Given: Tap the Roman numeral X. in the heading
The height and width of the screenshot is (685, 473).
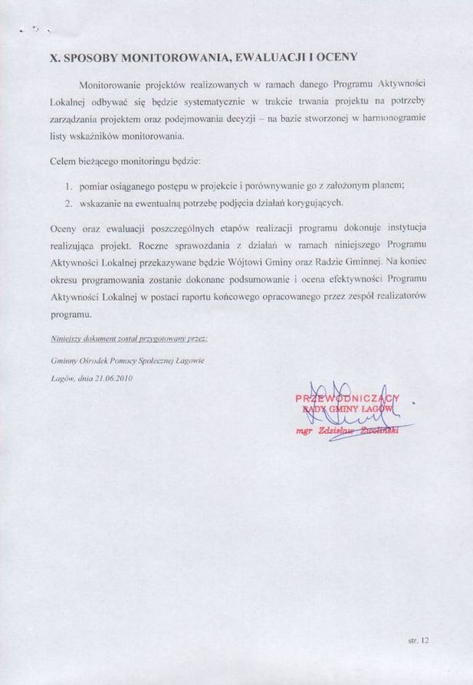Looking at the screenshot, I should pos(54,57).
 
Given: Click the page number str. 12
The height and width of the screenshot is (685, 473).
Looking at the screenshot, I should pos(419,639).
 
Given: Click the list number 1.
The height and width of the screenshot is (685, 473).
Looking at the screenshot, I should pos(69,186).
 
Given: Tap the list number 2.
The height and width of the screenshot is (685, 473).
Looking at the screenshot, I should pos(69,203).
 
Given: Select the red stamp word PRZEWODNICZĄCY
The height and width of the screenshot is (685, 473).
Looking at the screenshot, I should pos(347,398).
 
